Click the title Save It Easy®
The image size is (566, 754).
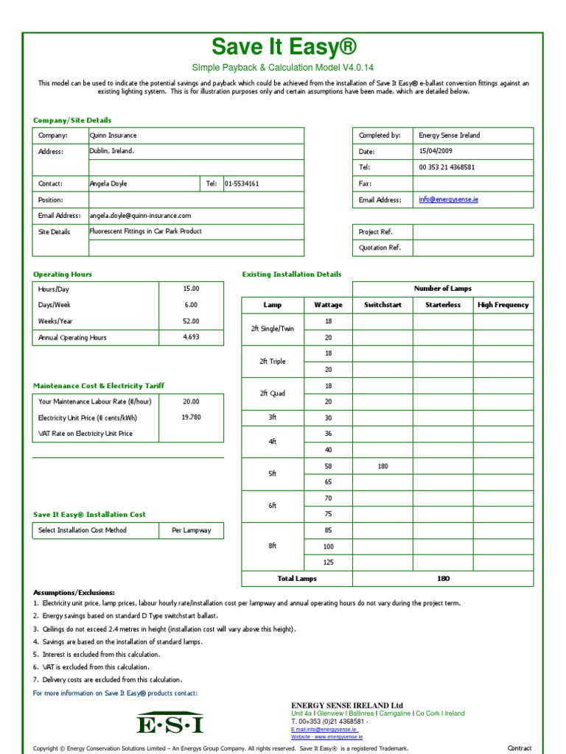283,47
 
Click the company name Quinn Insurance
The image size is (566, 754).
113,135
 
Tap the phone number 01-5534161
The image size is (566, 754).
242,183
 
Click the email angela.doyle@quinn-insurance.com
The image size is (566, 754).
140,216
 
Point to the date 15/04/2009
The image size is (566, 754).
437,151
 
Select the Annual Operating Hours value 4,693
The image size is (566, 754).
191,337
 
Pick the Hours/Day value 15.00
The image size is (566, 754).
191,289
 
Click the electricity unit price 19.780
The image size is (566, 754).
191,417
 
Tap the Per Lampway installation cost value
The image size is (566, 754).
191,530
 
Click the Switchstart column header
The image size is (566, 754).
382,305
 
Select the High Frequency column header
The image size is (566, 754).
503,305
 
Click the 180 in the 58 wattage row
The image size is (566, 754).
382,466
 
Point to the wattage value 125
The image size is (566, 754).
328,562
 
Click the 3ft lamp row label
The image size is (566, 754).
272,417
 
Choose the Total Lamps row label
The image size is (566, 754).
296,579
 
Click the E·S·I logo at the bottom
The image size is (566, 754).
170,725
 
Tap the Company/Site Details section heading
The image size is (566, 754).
72,120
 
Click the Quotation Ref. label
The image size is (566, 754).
380,248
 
